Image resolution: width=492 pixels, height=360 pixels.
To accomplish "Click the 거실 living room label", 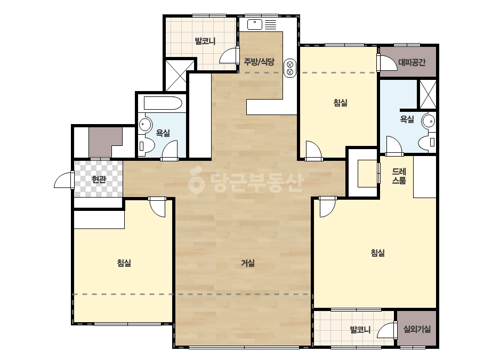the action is tap(247, 263).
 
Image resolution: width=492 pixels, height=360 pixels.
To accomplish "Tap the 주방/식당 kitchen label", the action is tap(259, 62).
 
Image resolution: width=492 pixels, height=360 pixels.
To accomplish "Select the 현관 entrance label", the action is tap(99, 179).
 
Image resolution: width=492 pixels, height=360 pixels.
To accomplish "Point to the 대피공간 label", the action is tap(412, 62).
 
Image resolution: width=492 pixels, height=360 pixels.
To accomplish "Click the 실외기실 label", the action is tap(417, 329).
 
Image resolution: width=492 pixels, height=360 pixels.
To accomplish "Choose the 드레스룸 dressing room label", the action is tap(399, 176).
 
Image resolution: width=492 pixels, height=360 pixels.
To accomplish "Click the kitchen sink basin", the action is tap(254, 24).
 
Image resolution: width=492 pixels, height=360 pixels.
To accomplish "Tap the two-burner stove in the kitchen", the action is tap(290, 68).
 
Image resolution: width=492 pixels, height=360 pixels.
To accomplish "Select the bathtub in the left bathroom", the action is tap(163, 103).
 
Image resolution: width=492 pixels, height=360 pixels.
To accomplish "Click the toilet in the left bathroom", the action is tap(146, 145).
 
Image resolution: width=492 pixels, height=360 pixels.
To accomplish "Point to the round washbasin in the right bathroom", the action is tap(429, 121).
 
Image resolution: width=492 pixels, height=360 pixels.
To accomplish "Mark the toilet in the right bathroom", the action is tap(427, 143).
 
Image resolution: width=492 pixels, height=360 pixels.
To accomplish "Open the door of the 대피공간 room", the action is tap(387, 62).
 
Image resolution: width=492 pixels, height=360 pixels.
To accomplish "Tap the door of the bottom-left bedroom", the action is tap(157, 207).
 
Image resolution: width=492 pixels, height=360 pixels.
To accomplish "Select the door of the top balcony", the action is tap(229, 55).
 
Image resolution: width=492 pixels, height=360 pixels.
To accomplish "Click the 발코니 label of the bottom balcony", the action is tap(360, 330).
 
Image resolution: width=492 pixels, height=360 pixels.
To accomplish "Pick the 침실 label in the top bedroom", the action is tap(341, 103).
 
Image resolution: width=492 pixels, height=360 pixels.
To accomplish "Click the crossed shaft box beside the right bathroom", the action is tap(428, 94).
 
